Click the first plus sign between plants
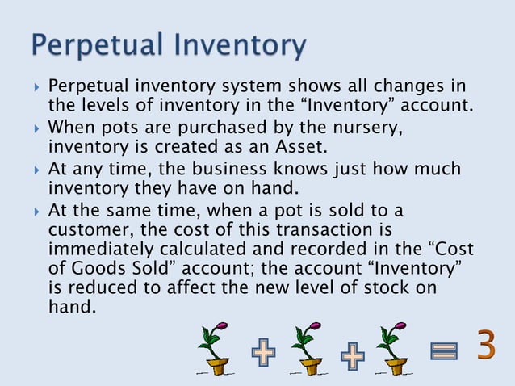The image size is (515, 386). (262, 354)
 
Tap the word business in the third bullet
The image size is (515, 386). (226, 169)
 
